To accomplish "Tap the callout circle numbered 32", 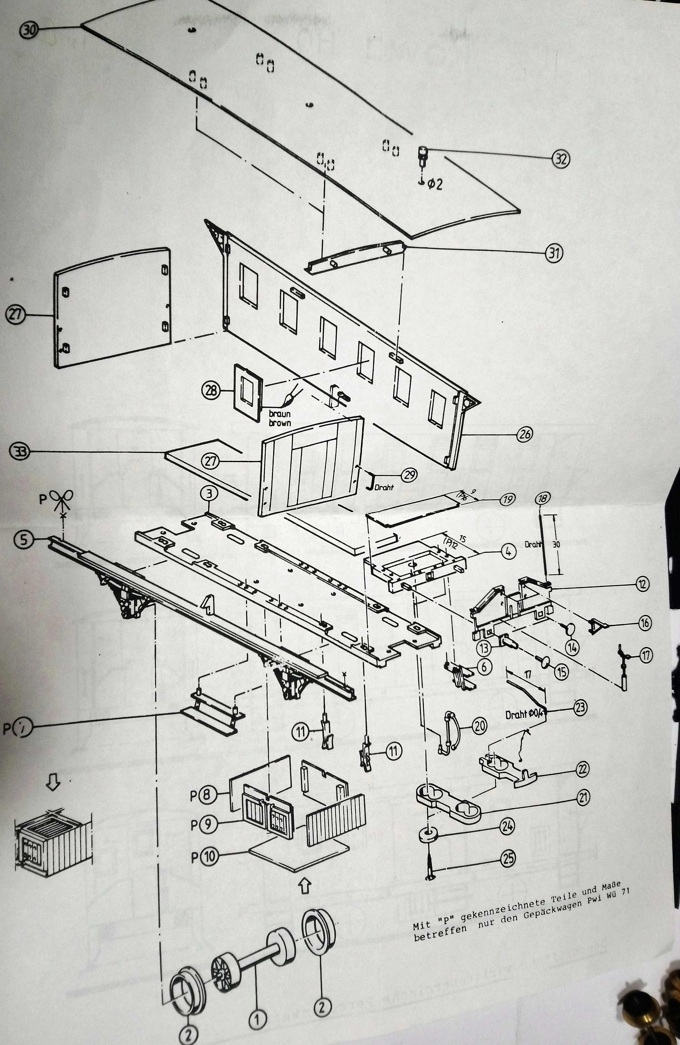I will [x=560, y=159].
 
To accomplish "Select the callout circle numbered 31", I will [x=554, y=253].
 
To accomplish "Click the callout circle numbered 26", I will [x=524, y=434].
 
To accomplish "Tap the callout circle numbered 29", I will [x=409, y=474].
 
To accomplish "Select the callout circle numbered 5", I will [x=24, y=539].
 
